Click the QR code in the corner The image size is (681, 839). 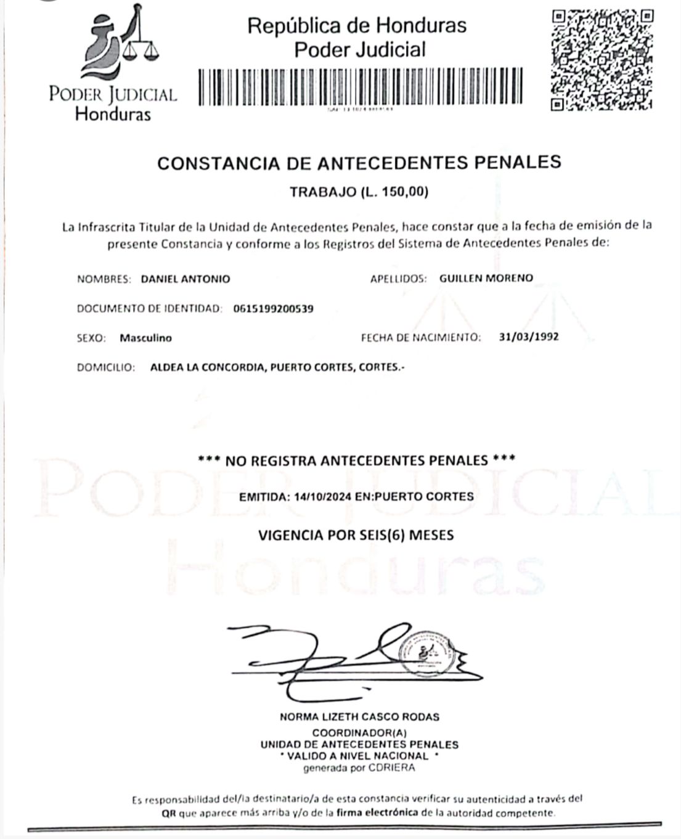point(602,60)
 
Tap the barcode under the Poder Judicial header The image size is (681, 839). point(361,86)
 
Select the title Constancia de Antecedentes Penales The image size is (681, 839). point(359,163)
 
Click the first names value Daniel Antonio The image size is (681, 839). point(186,279)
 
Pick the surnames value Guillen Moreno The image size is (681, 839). point(486,278)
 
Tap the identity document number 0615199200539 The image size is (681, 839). point(274,308)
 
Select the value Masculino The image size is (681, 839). point(146,338)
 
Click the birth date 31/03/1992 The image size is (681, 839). point(529,337)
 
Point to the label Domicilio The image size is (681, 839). point(105,367)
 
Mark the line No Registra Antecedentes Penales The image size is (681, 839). point(357,460)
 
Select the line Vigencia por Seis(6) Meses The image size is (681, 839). point(356,534)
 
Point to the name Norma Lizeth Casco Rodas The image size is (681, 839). point(359,717)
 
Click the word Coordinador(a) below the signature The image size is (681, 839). point(360,733)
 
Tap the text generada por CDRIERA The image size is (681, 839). point(359,768)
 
